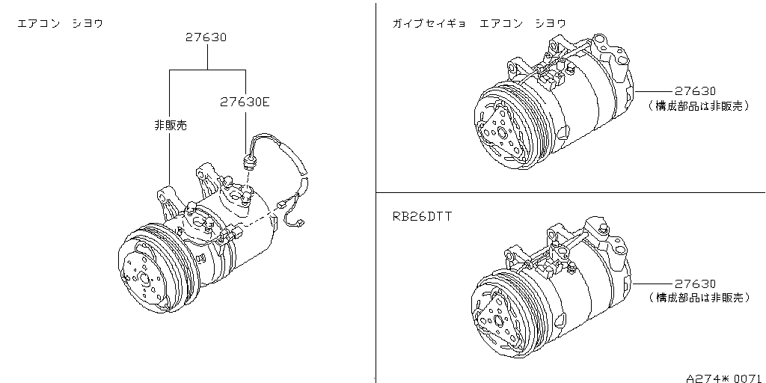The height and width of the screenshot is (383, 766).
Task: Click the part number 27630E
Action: pyautogui.click(x=244, y=102)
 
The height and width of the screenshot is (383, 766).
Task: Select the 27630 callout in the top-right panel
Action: pyautogui.click(x=694, y=91)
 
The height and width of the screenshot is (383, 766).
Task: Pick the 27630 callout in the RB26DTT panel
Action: pyautogui.click(x=695, y=284)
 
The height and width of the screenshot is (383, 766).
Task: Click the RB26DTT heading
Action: pyautogui.click(x=421, y=217)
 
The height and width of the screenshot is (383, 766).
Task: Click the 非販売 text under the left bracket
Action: pyautogui.click(x=170, y=125)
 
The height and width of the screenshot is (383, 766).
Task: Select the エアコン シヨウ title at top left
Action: pyautogui.click(x=60, y=23)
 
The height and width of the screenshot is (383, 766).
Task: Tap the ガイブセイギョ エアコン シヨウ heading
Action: pyautogui.click(x=479, y=23)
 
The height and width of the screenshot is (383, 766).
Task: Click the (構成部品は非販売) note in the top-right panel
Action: pyautogui.click(x=699, y=106)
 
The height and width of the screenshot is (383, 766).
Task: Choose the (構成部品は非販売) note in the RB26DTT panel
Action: pyautogui.click(x=699, y=298)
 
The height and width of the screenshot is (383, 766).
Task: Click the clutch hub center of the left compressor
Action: pyautogui.click(x=143, y=278)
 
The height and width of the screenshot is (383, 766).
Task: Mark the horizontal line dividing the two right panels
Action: pyautogui.click(x=569, y=192)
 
